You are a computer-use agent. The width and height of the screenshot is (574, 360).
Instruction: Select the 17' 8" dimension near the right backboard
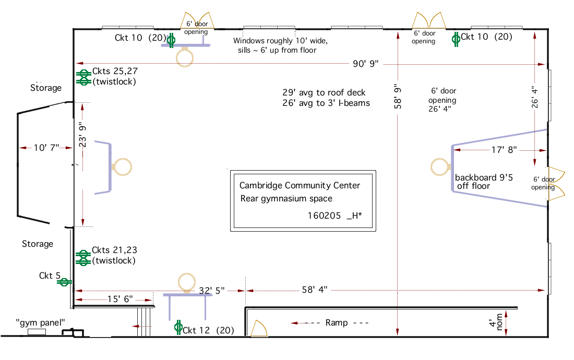pyautogui.click(x=504, y=150)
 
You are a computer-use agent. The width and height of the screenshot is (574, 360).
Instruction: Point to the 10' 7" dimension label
pyautogui.click(x=47, y=148)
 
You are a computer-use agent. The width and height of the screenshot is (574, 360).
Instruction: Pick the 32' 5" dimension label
pyautogui.click(x=212, y=291)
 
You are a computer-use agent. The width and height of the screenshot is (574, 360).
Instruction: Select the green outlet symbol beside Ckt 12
pyautogui.click(x=178, y=328)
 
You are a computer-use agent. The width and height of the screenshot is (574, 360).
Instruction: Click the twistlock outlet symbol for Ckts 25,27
pyautogui.click(x=82, y=77)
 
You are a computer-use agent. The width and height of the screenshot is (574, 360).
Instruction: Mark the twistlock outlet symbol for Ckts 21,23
pyautogui.click(x=82, y=256)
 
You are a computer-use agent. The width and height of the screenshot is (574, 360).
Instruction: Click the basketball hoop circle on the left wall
pyautogui.click(x=123, y=166)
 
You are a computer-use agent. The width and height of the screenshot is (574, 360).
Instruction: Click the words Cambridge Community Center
pyautogui.click(x=300, y=186)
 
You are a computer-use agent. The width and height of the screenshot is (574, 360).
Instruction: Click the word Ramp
pyautogui.click(x=336, y=323)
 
